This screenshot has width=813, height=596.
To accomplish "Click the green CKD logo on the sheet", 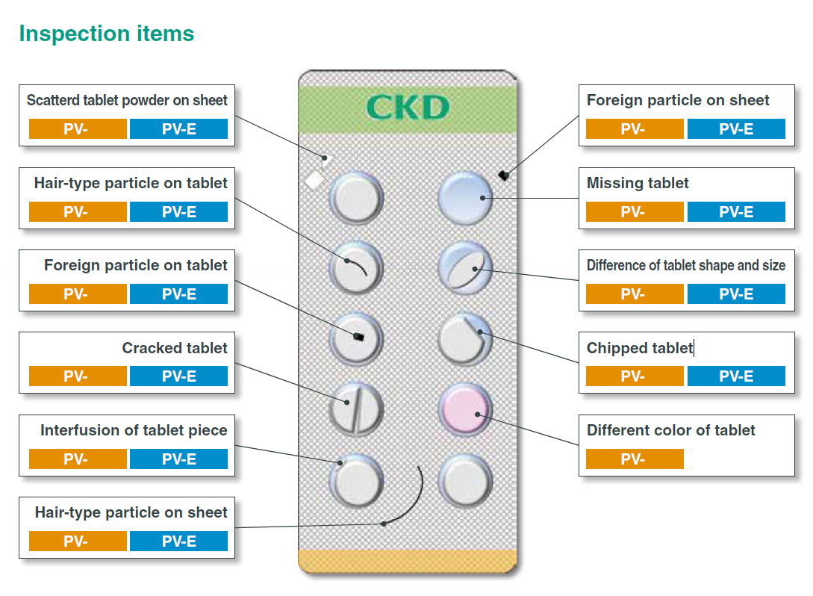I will (408, 108).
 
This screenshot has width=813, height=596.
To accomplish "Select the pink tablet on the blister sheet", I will (465, 409).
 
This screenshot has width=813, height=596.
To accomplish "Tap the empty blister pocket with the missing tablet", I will (465, 198).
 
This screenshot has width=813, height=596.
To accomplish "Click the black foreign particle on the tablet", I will (358, 338).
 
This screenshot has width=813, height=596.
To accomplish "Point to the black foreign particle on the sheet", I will (504, 176).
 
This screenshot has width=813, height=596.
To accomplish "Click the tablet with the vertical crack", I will (356, 409).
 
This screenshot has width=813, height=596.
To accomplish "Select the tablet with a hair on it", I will (356, 267).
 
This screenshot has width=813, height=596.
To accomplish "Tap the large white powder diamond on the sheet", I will (314, 180).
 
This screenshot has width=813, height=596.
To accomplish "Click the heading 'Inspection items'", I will (106, 34).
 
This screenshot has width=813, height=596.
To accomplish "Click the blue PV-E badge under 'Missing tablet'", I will (736, 211).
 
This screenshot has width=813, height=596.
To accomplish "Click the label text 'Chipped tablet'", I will (640, 348).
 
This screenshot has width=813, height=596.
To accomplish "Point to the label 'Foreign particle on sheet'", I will (678, 100).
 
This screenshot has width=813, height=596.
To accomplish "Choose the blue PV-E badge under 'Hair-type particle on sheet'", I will (178, 541).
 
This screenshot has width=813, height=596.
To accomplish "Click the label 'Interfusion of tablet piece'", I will (134, 430).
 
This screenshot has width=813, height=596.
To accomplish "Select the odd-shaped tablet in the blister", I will (465, 267).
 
